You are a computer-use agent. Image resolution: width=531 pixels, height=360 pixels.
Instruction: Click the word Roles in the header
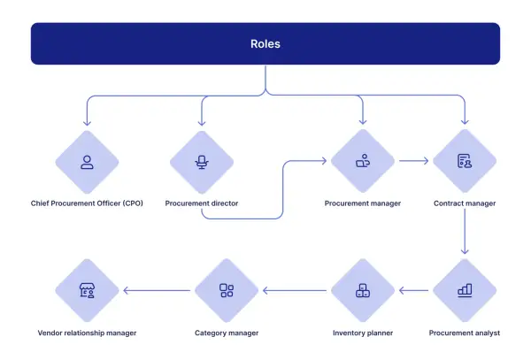265,44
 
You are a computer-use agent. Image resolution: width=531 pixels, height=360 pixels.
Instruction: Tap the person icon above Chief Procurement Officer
87,162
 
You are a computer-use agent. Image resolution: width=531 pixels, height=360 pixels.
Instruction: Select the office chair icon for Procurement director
202,162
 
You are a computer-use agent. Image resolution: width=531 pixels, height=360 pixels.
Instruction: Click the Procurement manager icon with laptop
363,161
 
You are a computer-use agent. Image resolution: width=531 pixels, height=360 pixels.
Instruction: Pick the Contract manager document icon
465,161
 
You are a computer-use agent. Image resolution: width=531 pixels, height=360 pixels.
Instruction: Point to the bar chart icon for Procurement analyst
465,290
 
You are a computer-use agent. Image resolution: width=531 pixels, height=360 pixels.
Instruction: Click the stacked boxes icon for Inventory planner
363,290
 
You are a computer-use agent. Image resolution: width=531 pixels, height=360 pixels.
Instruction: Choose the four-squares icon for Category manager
227,290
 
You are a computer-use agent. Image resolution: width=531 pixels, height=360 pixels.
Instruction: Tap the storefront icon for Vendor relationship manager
87,290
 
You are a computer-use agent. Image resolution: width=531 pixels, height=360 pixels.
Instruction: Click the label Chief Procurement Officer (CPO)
87,203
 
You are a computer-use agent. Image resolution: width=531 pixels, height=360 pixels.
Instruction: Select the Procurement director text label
202,203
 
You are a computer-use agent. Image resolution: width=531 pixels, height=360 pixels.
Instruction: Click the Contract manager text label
465,203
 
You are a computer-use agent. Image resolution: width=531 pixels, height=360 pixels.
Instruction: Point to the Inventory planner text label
363,333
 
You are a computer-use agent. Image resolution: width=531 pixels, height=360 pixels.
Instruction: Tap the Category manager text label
227,333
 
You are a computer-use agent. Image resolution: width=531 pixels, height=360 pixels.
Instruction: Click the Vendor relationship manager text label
87,333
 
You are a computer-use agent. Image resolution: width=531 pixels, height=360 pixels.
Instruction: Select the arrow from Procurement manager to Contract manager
413,161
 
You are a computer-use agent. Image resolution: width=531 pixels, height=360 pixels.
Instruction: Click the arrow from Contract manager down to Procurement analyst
465,232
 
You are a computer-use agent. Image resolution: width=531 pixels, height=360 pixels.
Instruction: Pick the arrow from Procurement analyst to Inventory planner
413,290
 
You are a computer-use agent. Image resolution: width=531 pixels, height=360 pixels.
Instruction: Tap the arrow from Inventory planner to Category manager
295,290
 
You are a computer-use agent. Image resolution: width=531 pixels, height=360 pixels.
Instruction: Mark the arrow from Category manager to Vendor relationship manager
157,290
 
